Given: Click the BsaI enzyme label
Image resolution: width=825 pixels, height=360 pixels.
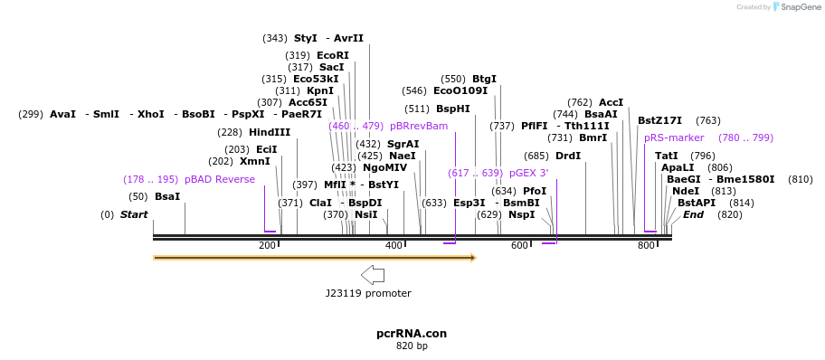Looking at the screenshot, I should (x=167, y=196).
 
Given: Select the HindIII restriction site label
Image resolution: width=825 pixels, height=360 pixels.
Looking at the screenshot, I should (x=270, y=132).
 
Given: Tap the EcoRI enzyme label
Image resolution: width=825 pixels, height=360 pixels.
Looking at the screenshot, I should (x=332, y=55).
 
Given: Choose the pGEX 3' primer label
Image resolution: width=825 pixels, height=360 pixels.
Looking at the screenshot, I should (x=528, y=173).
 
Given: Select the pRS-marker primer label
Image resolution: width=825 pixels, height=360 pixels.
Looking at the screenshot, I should (x=674, y=137).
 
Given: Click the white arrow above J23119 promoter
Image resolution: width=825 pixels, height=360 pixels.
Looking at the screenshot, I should (x=372, y=275).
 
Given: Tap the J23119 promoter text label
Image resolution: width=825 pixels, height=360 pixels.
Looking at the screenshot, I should (x=368, y=293).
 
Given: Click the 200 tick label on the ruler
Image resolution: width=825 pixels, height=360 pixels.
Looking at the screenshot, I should (x=267, y=246).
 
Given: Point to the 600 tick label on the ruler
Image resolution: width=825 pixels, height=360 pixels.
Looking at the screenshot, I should (x=519, y=246).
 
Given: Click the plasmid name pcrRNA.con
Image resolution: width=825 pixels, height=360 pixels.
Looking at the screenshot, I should (x=412, y=333).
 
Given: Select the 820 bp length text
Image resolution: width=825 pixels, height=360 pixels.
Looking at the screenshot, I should (x=412, y=346).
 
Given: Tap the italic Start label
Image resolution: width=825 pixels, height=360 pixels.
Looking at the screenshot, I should (x=134, y=214).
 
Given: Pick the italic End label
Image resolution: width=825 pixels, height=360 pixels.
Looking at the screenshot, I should (x=693, y=214).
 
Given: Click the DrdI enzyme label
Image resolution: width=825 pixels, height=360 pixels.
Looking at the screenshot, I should (x=568, y=156).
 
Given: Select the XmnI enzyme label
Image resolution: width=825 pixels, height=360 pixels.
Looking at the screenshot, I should (x=254, y=161).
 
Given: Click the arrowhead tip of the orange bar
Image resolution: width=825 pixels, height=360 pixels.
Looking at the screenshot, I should (x=474, y=258).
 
